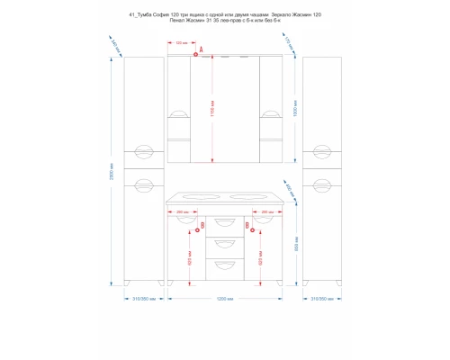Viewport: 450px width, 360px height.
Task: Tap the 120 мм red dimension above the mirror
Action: point(181,43)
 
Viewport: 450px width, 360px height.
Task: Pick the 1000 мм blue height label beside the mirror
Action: point(296,112)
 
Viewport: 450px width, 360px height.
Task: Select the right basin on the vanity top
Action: point(249,195)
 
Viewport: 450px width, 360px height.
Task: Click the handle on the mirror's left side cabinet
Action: point(180,113)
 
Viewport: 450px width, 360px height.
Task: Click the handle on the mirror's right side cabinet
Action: point(269,113)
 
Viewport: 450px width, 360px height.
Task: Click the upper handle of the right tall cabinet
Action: point(320,150)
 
